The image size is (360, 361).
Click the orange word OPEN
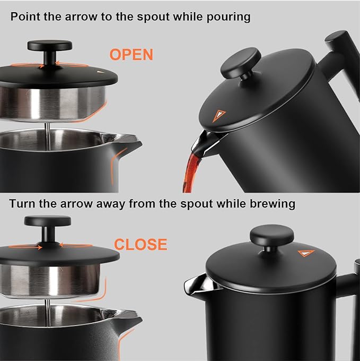click(131, 55)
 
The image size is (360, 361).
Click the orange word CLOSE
click(141, 245)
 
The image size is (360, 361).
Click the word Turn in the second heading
click(23, 203)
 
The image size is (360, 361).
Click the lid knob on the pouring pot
click(240, 61)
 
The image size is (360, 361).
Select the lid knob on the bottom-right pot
click(272, 236)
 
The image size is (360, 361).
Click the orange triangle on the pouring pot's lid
click(219, 115)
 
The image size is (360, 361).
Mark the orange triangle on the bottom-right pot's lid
click(306, 253)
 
